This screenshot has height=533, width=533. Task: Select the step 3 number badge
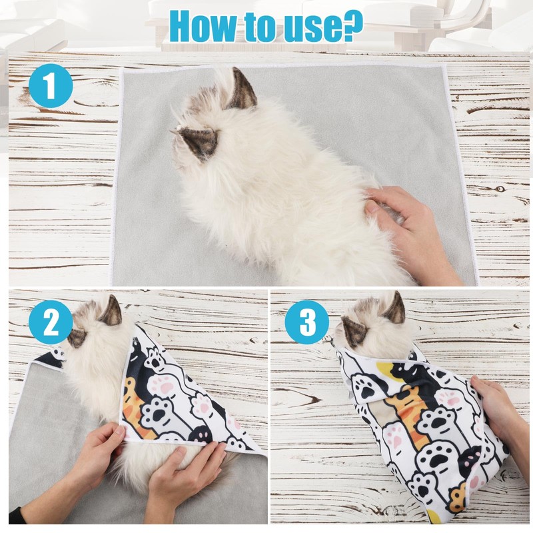(x=306, y=323)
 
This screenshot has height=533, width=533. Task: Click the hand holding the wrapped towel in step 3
(x=496, y=406)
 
